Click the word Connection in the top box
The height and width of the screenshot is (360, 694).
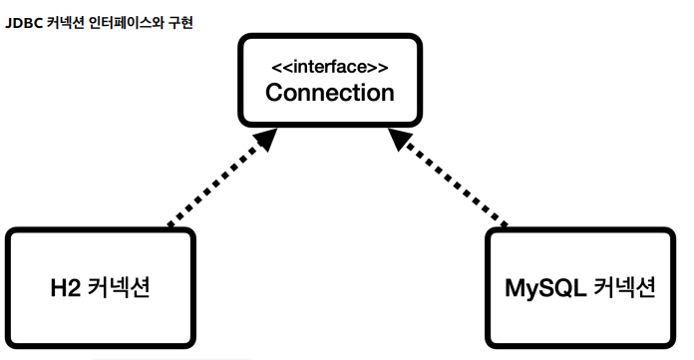tap(330, 93)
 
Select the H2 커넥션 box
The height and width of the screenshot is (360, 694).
tap(100, 287)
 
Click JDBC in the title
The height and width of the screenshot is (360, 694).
tap(23, 21)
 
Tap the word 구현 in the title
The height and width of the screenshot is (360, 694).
tap(177, 21)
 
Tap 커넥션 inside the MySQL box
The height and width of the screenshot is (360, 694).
tap(623, 288)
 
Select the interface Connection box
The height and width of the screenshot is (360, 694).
tap(330, 80)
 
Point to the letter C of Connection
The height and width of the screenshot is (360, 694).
tap(274, 93)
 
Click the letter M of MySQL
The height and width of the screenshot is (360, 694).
tap(517, 288)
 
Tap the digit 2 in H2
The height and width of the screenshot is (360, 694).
tap(77, 288)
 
